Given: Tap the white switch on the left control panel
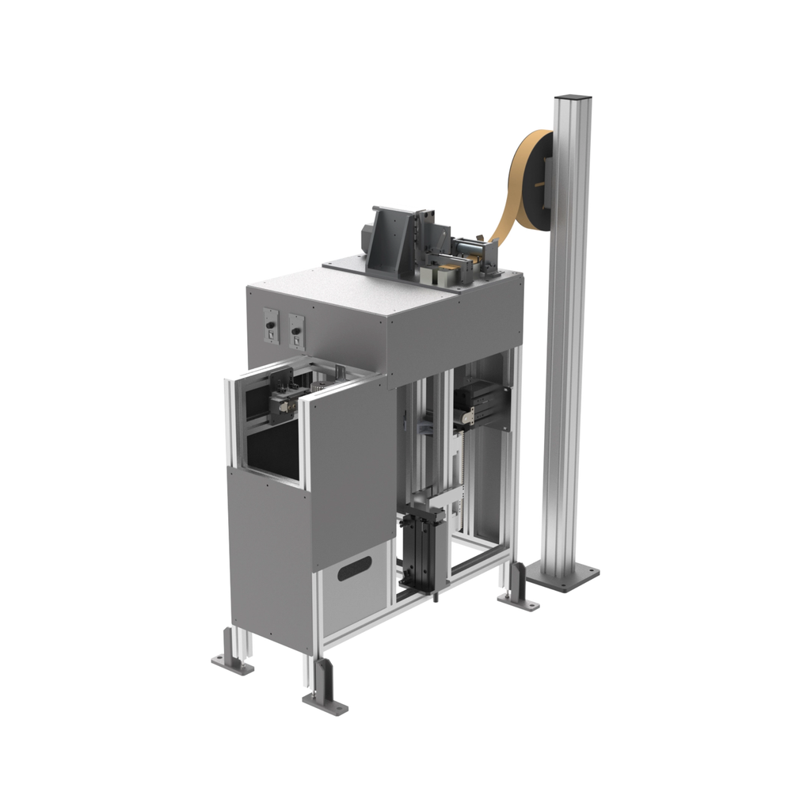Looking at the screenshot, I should tap(271, 337).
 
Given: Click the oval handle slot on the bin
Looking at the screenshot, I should tap(354, 567).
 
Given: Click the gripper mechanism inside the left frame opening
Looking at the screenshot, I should tap(282, 396).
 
